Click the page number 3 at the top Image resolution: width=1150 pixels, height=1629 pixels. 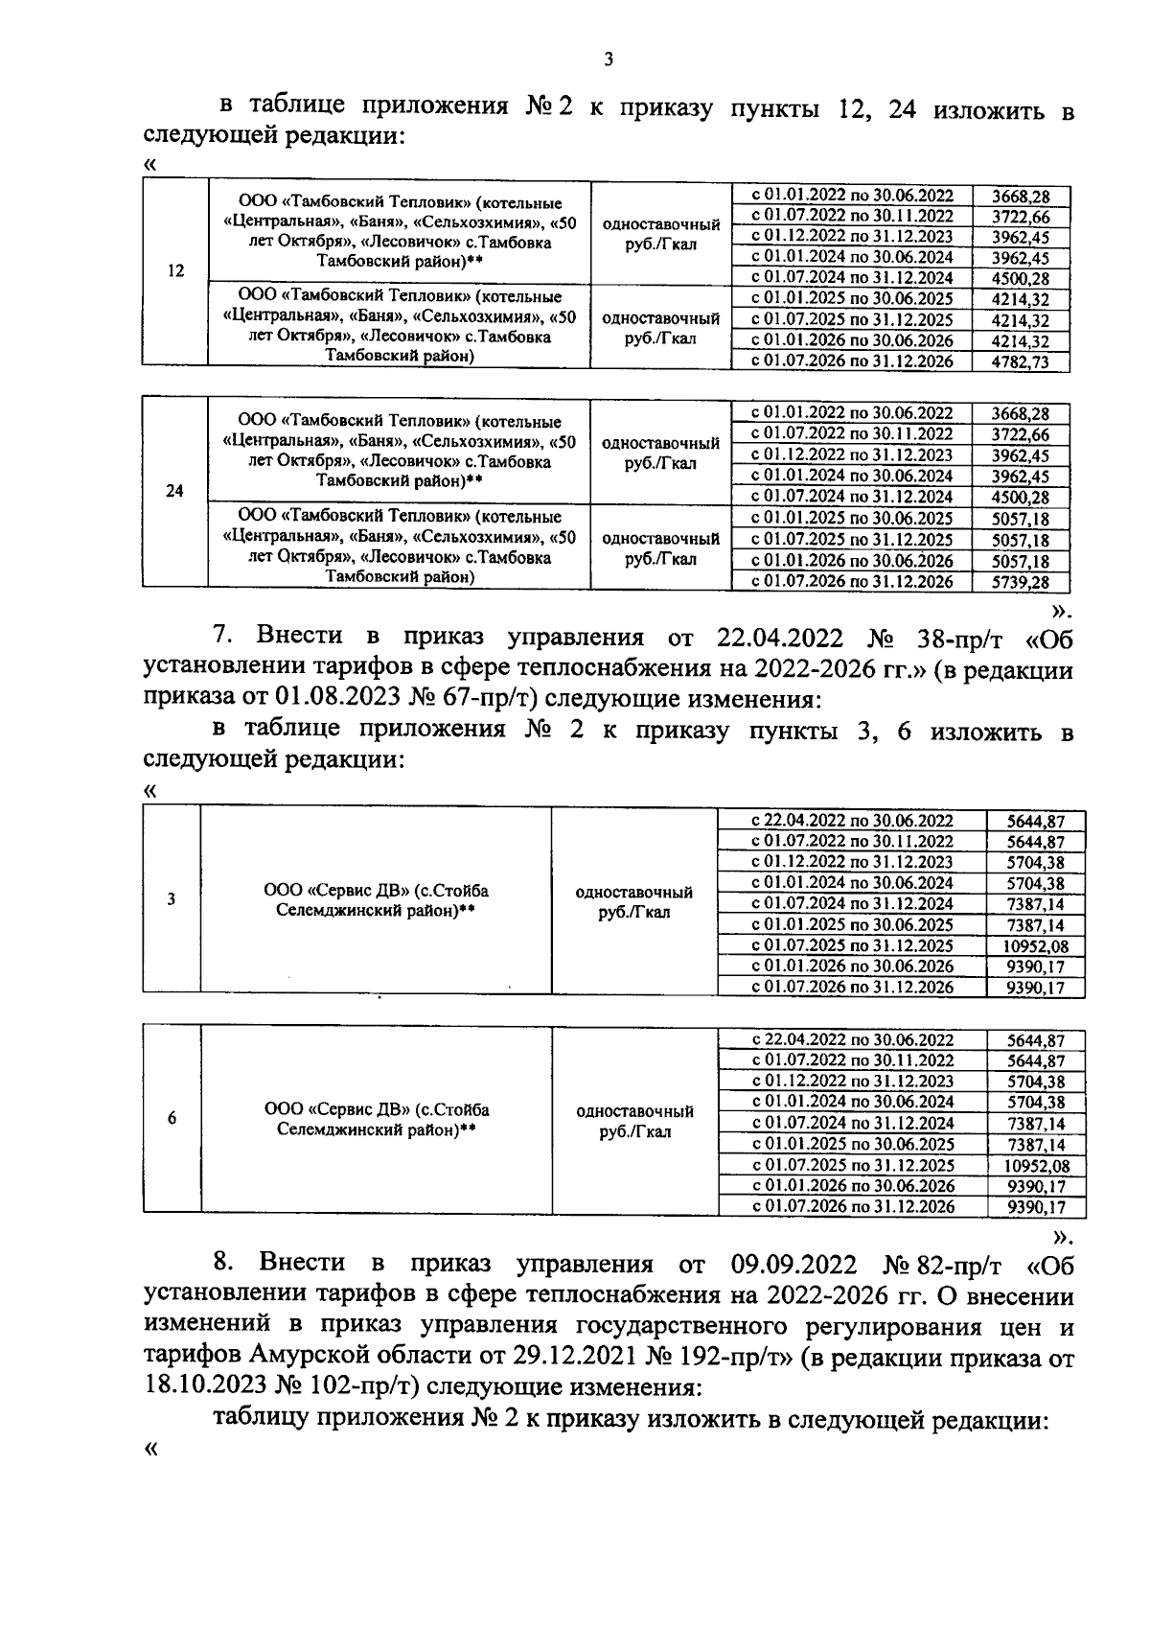(x=609, y=60)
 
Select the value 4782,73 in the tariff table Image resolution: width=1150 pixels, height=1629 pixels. (x=1021, y=361)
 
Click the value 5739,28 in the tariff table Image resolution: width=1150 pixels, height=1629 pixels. (x=1021, y=582)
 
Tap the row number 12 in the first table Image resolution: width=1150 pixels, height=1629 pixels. (x=175, y=271)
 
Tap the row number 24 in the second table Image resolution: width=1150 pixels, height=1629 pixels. (x=175, y=491)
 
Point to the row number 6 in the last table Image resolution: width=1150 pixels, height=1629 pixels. (x=172, y=1118)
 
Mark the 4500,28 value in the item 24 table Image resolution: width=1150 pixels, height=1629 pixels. (x=1021, y=497)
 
